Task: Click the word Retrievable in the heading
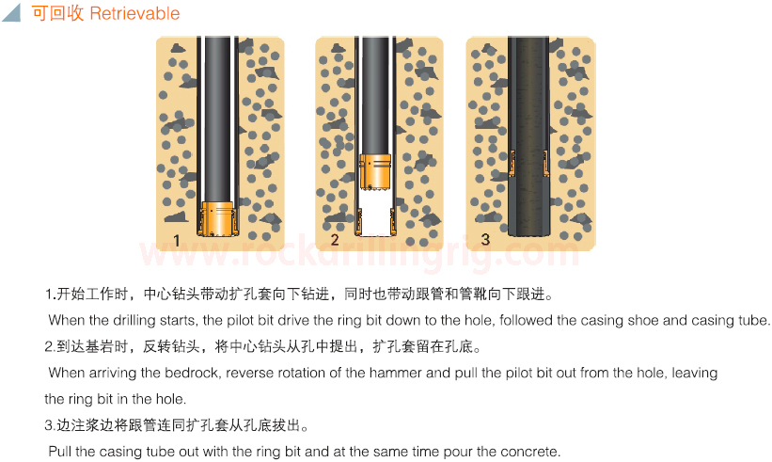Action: [134, 13]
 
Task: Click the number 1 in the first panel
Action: [176, 240]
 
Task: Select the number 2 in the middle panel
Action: [335, 240]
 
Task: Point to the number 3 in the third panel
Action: [485, 239]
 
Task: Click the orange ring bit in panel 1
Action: [217, 218]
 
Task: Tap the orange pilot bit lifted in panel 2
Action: [375, 171]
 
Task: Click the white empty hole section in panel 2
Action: [375, 212]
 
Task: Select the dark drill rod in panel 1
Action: [217, 119]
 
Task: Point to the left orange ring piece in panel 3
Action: [512, 163]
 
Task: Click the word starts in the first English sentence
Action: [180, 320]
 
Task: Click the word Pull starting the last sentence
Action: [59, 451]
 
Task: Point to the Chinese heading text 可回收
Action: [57, 13]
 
